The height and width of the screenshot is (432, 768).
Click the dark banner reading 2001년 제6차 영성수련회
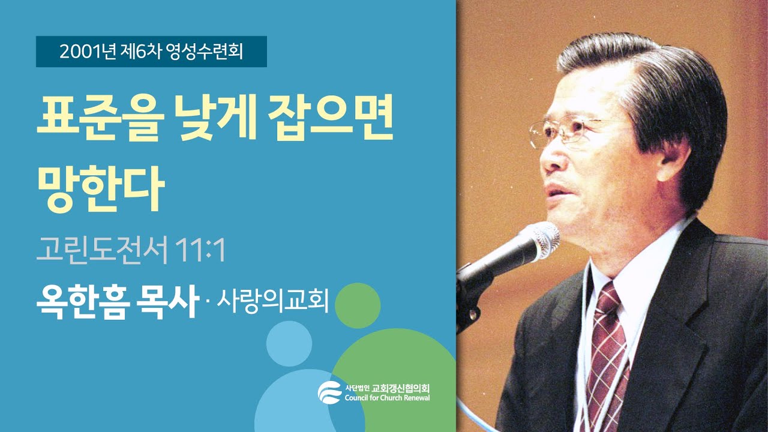pos(151,52)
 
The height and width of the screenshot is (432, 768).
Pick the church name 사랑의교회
pos(272,302)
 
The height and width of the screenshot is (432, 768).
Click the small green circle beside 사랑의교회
pos(358,305)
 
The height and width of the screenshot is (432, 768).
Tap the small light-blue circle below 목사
pos(289,344)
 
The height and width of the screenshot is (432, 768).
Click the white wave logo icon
pos(329,392)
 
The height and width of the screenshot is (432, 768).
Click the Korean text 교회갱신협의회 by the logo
pos(400,387)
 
